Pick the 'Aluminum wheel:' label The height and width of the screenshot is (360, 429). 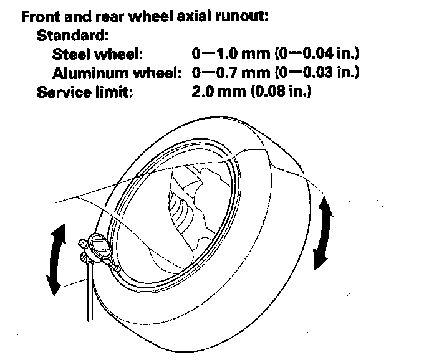(117, 73)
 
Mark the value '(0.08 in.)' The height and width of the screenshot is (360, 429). (282, 92)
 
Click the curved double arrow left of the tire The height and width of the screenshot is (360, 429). (56, 258)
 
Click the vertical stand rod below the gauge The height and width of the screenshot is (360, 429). (90, 293)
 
